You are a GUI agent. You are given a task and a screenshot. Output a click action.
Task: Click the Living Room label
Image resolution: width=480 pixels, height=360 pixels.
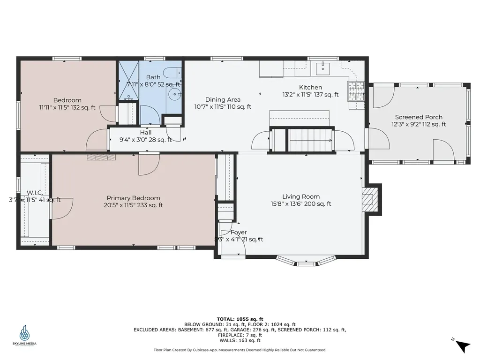point(300,196)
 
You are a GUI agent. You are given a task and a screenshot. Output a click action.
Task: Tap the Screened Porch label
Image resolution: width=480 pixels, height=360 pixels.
point(419,117)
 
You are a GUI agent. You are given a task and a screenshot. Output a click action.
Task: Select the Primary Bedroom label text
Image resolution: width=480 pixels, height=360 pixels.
point(133,198)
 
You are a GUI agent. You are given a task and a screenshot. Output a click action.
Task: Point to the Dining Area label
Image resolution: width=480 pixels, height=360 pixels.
point(223,99)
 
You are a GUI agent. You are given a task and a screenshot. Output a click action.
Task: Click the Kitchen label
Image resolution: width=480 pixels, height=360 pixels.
point(310,87)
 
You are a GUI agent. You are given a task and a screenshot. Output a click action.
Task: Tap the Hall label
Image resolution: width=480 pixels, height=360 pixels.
point(146,133)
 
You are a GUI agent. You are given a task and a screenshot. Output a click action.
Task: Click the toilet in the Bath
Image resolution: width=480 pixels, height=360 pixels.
point(172,73)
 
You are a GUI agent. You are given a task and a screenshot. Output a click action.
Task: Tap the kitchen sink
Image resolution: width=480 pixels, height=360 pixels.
point(322,68)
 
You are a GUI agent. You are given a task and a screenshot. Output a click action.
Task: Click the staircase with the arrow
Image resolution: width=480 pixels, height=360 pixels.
point(310,140)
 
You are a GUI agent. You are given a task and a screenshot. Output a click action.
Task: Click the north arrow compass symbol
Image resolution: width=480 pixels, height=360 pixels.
point(462,345)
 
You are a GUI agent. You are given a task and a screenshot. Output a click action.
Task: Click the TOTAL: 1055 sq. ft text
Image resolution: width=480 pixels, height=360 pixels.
point(240,319)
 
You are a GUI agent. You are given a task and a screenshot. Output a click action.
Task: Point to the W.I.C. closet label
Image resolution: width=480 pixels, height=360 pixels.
point(35,193)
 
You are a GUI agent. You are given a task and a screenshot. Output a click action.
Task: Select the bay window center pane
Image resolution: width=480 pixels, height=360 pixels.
point(307,263)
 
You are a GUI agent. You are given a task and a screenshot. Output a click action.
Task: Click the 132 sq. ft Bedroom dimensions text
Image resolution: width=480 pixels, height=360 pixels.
point(67,107)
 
